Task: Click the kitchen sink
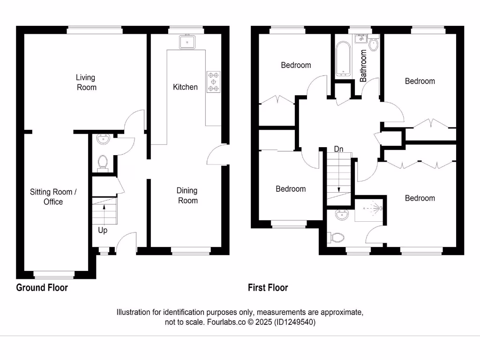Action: coord(187,42)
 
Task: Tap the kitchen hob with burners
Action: coord(213,81)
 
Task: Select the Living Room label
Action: coord(86,82)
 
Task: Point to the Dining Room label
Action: coord(187,195)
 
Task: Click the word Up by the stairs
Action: coord(103,230)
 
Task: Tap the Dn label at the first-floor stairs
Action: coord(338,149)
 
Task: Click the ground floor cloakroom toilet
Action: coord(103,162)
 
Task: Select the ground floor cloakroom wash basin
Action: coord(103,139)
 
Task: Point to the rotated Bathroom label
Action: coord(363,66)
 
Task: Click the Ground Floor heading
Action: coord(42,287)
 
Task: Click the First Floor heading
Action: coord(268,287)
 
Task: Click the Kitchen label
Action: coord(185,87)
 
